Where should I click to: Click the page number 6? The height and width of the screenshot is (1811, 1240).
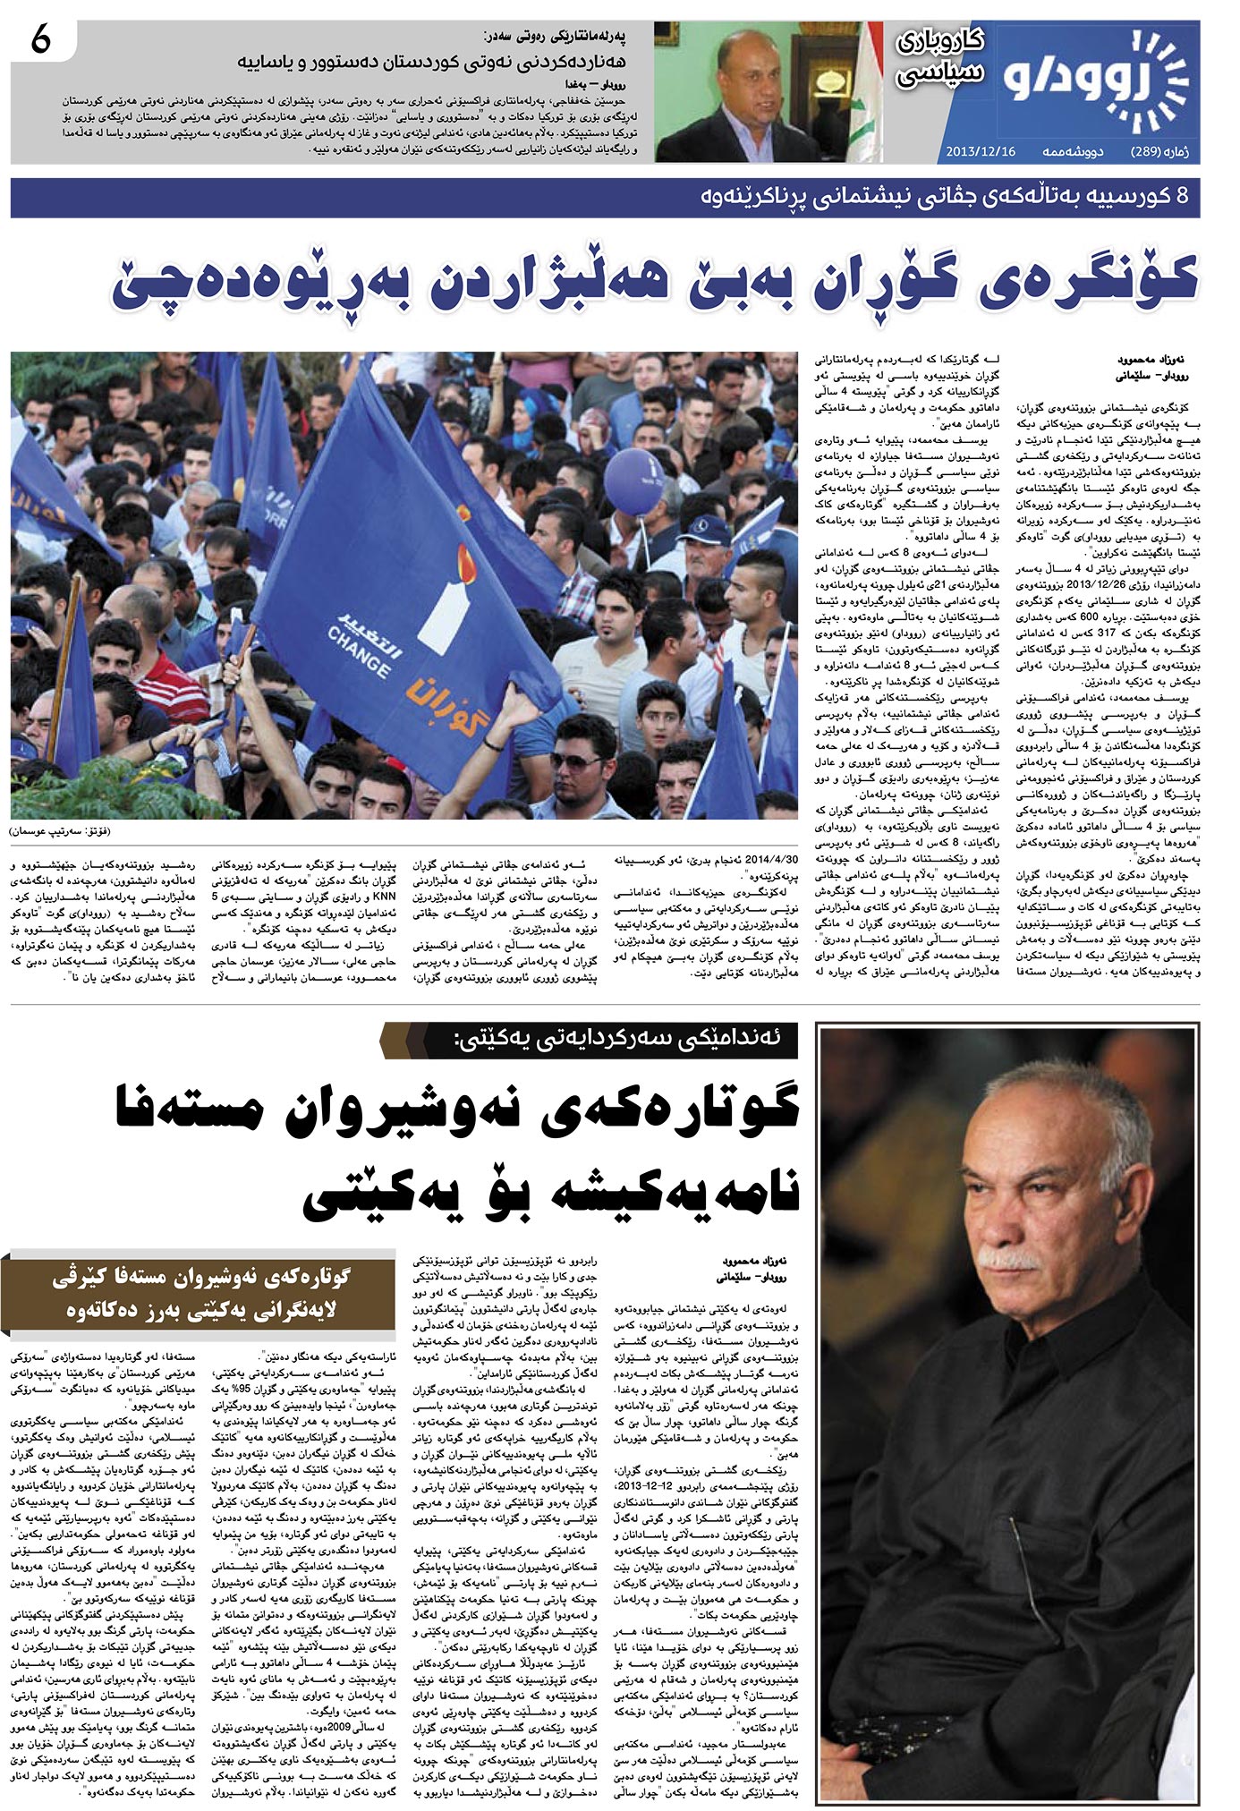click(41, 41)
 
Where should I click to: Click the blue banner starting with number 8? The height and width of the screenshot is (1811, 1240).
click(605, 198)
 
